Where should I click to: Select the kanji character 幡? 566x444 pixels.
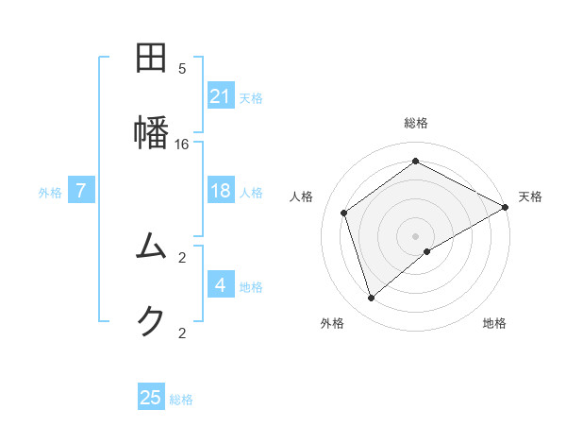click(x=151, y=131)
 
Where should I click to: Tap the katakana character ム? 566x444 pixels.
click(x=151, y=247)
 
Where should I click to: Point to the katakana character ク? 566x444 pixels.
click(x=151, y=321)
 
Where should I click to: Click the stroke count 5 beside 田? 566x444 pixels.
click(x=182, y=69)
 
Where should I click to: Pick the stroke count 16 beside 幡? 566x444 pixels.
click(x=182, y=144)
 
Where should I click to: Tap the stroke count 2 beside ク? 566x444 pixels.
click(x=182, y=333)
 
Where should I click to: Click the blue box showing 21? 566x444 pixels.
click(x=221, y=95)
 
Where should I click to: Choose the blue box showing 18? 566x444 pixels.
click(x=221, y=191)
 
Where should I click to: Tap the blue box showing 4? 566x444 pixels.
click(x=221, y=284)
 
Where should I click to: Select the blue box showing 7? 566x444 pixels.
click(x=81, y=191)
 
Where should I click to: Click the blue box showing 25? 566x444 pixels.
click(x=151, y=398)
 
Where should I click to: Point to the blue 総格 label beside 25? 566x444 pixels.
click(x=181, y=400)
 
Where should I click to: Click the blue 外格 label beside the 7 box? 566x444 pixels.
click(x=50, y=193)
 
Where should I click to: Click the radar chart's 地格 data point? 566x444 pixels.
click(x=427, y=251)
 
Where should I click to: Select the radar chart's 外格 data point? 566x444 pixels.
click(x=371, y=299)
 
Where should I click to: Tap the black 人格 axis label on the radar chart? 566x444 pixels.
click(x=302, y=196)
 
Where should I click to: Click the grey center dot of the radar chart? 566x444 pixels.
click(x=416, y=235)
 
